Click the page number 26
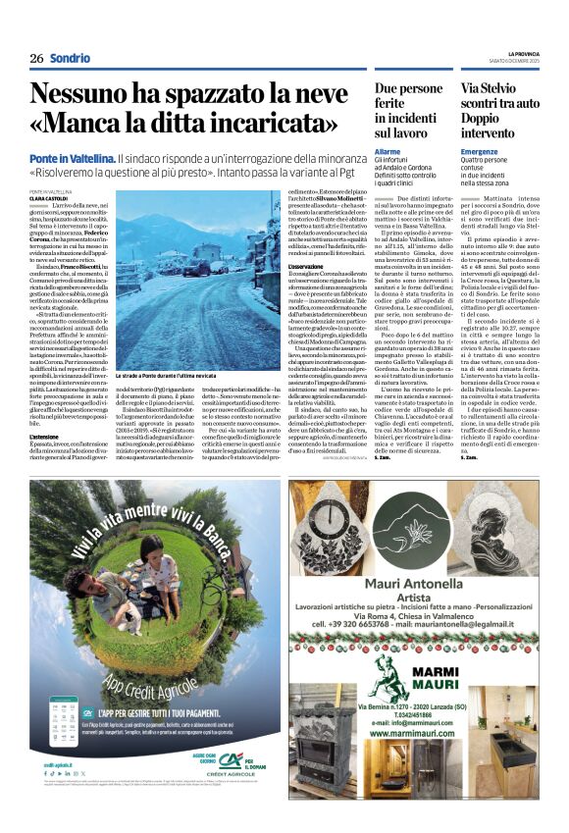coord(36,58)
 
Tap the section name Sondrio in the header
coord(71,58)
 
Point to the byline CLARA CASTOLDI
coord(53,197)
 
